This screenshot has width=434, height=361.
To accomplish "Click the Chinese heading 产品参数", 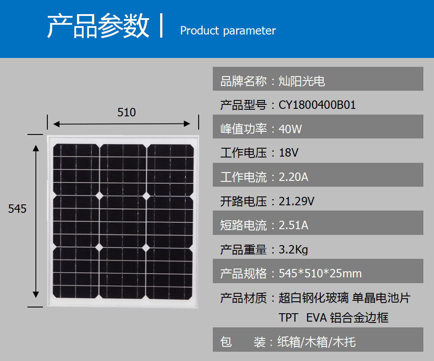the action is (x=98, y=26).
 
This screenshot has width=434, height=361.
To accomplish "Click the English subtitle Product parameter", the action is (x=228, y=31).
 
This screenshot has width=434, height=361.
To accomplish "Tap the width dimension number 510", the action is (x=127, y=112).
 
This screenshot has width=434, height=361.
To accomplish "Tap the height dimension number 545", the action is (x=17, y=209).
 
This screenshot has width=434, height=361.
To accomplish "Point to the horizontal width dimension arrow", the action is (x=122, y=124).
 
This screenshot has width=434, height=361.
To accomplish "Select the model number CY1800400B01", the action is (x=317, y=105).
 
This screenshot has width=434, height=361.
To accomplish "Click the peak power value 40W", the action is (x=290, y=129).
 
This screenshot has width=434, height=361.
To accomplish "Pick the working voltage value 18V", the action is (x=288, y=153).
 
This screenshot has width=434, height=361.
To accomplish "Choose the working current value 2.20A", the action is (x=293, y=177).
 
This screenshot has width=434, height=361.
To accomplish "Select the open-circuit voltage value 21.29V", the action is (x=296, y=201).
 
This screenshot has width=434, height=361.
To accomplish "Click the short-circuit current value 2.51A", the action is (x=293, y=225).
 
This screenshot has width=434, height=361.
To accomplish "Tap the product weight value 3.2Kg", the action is (x=293, y=250).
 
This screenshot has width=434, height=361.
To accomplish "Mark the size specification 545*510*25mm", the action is (x=320, y=273).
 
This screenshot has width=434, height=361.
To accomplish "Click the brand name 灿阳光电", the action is (x=301, y=81).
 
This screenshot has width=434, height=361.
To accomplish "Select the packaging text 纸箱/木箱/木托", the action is (x=316, y=342).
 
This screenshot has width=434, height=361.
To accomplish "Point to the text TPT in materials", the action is (x=288, y=318).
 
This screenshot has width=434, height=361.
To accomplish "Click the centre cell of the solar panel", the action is (x=123, y=221).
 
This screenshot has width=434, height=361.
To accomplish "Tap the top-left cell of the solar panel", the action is (x=76, y=169).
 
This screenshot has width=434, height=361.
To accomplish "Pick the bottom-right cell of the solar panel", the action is (x=169, y=273).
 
